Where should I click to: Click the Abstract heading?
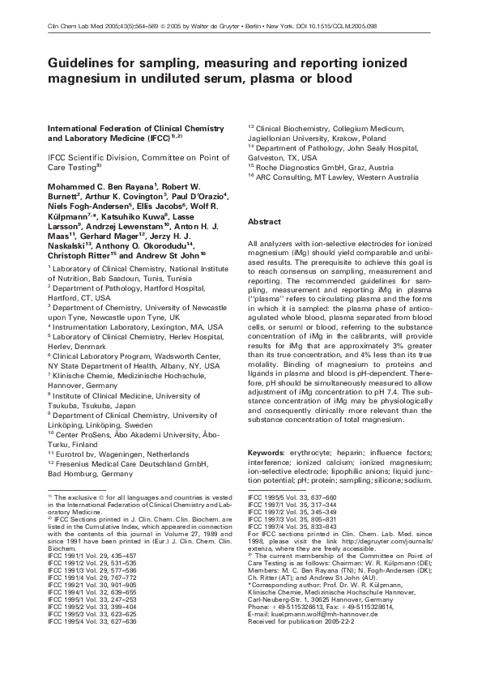(x=264, y=222)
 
